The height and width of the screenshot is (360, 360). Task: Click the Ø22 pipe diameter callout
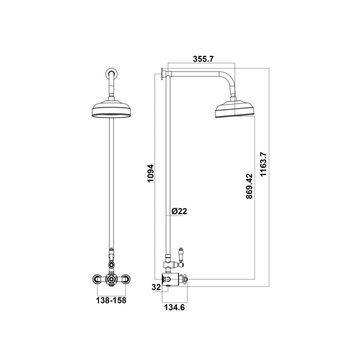click(x=179, y=211)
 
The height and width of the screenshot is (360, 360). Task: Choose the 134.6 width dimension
click(x=174, y=307)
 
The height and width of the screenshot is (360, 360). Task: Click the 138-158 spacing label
click(x=111, y=300)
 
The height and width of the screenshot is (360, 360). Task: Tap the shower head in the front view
click(x=111, y=110)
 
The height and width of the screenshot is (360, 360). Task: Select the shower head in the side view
click(x=235, y=110)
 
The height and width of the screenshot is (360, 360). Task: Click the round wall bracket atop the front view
click(x=111, y=73)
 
